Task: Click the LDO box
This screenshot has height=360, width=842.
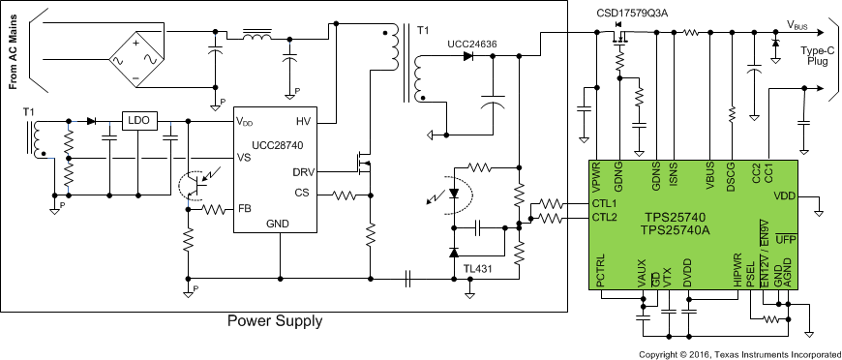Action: click(x=137, y=122)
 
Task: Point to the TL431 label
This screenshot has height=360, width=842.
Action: click(x=477, y=268)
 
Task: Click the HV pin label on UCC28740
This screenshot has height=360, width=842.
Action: click(x=303, y=122)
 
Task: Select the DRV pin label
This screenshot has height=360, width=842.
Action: click(x=300, y=171)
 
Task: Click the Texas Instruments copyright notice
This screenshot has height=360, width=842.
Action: click(x=739, y=352)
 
